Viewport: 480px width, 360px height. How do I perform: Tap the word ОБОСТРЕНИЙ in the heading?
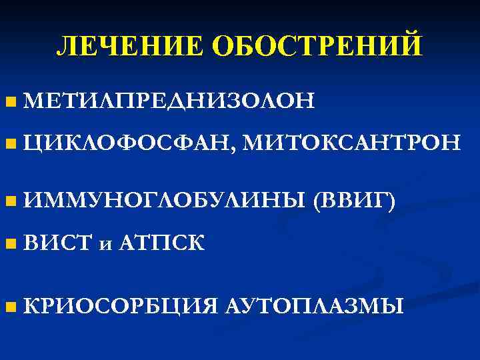click(317, 46)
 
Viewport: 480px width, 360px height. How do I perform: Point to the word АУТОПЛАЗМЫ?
click(313, 307)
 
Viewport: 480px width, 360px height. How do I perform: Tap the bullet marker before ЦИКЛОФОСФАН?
click(9, 142)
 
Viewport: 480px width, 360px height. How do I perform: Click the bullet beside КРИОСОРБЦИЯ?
click(9, 307)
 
